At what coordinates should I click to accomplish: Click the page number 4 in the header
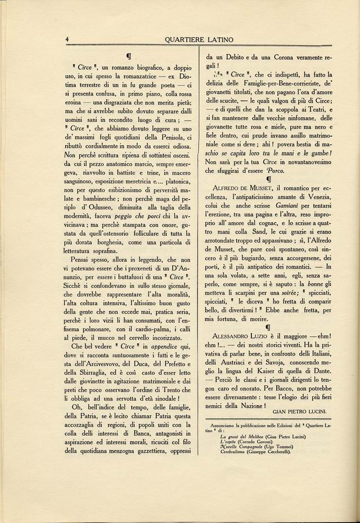67,39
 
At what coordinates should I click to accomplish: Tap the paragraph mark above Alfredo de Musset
268,179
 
